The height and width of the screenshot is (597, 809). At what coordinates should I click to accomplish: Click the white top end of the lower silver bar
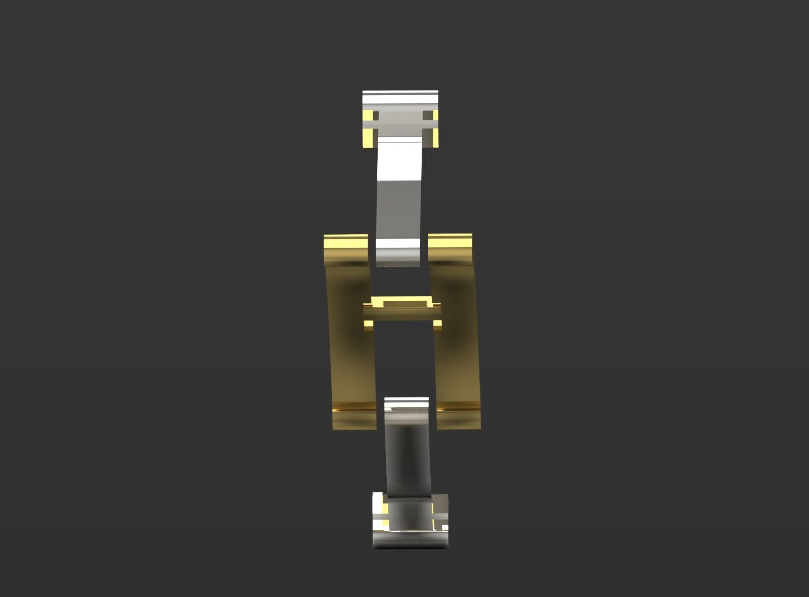pos(406,403)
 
